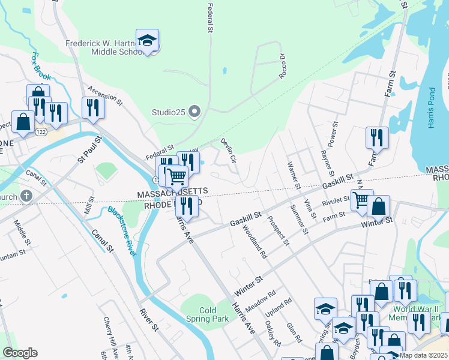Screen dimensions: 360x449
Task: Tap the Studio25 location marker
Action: click(194, 111)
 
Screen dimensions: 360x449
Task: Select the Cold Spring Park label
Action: click(208, 314)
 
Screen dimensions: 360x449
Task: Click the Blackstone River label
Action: click(122, 230)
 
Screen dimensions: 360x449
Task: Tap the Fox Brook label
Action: click(41, 67)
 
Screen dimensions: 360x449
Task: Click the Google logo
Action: click(20, 353)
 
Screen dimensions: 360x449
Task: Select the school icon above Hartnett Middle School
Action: click(147, 41)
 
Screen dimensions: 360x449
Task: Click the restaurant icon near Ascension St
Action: click(93, 107)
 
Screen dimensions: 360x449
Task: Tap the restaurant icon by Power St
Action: click(377, 138)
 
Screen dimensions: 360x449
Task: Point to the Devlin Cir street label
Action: click(229, 151)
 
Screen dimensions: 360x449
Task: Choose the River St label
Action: click(149, 320)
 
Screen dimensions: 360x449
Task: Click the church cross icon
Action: click(26, 196)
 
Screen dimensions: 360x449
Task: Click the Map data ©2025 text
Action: click(424, 355)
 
